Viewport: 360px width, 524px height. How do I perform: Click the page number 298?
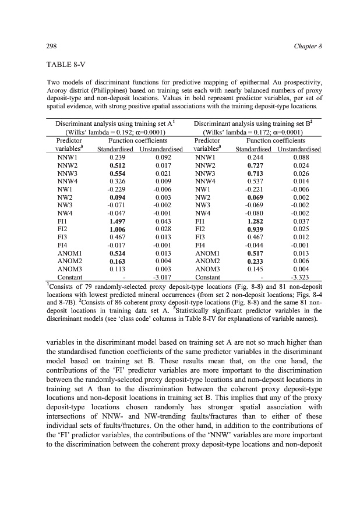50,46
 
